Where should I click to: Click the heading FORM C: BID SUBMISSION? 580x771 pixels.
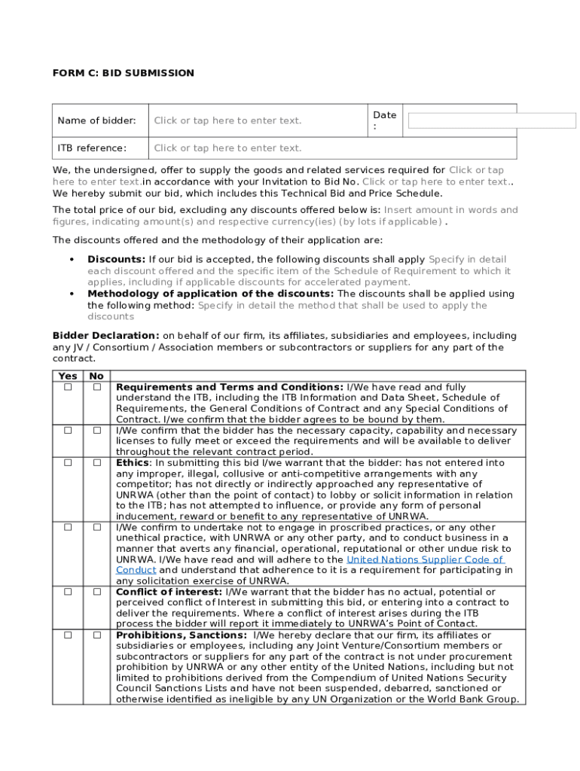123,73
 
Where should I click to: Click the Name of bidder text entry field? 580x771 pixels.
227,120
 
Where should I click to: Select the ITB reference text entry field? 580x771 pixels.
227,148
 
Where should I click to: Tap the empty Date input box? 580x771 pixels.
491,120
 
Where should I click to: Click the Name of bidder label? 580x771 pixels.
96,120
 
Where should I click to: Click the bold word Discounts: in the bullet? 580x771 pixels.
116,260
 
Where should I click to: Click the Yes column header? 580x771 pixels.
68,376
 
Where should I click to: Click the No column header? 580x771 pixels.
96,376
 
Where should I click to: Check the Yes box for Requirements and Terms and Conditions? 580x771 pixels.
68,387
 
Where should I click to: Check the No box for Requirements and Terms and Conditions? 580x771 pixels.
97,387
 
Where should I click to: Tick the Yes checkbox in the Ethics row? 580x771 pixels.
68,462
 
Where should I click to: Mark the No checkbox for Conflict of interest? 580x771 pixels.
97,592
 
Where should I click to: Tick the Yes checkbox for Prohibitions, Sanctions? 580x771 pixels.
68,635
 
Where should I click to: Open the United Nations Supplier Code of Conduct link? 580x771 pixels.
424,559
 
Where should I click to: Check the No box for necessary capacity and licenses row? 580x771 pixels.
97,430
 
